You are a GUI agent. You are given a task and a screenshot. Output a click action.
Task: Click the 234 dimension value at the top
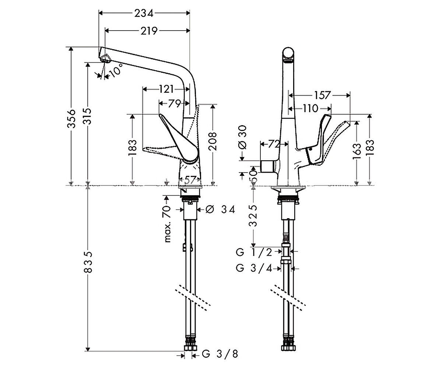144,14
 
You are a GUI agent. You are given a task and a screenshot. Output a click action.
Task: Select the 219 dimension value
149,31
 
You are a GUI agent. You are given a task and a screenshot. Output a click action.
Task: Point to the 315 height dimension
87,116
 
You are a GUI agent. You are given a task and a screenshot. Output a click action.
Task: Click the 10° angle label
116,70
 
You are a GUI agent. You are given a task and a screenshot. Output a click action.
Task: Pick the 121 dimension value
166,89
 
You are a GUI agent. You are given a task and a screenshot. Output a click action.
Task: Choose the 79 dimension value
175,104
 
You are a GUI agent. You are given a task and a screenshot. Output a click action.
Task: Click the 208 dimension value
213,141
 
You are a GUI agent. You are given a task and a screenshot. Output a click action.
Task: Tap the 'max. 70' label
167,224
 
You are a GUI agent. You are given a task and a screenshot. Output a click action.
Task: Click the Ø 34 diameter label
220,210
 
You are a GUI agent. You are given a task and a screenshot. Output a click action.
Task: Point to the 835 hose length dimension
88,262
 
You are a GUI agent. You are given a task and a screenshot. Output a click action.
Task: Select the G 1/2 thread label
254,252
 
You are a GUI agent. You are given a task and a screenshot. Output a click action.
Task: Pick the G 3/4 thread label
254,268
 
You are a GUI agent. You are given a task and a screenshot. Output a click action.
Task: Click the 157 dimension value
322,95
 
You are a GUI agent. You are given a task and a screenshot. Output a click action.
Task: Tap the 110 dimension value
311,109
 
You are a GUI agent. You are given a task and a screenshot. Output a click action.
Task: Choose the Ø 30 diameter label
243,137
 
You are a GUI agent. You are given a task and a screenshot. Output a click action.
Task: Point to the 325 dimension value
253,216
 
